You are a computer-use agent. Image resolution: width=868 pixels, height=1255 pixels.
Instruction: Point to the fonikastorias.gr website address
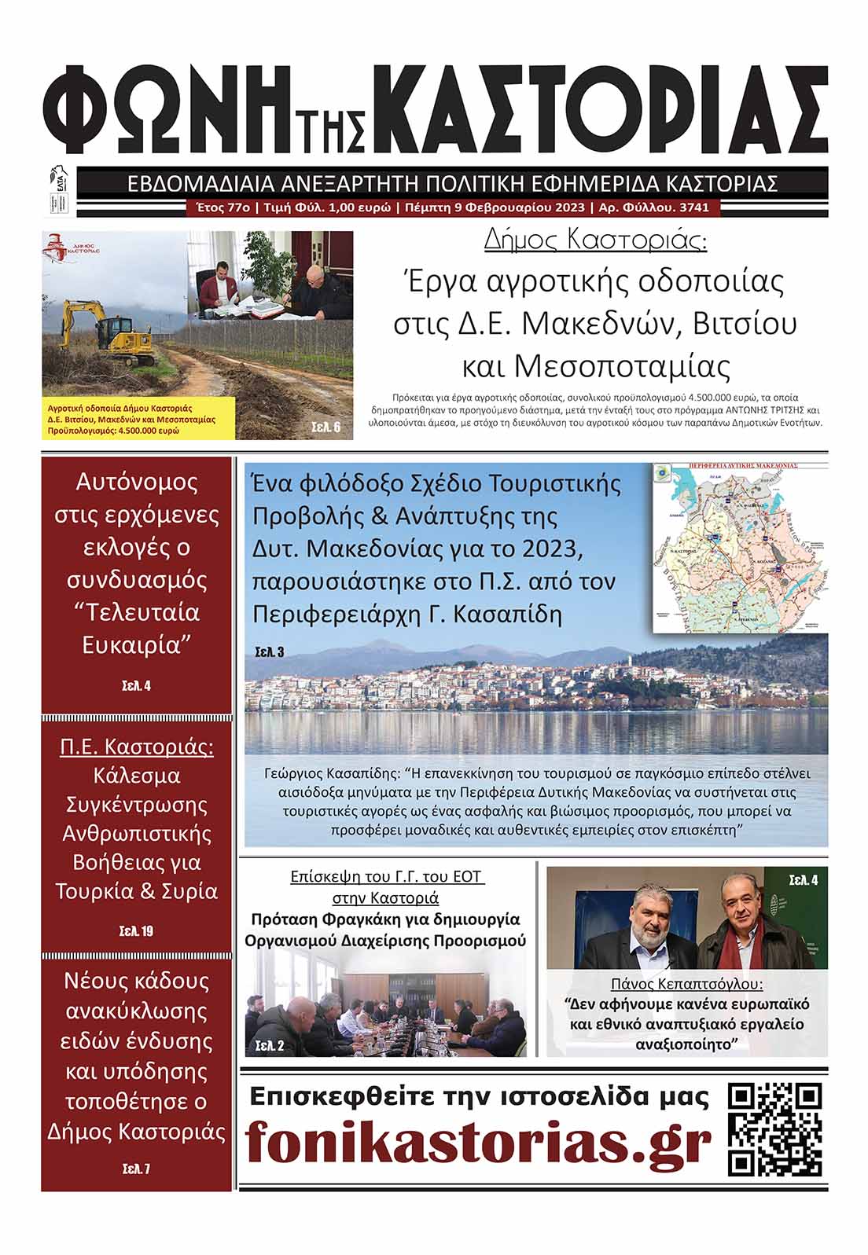[x=478, y=1143]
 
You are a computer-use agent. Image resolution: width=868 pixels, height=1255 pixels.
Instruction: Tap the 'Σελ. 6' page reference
[x=325, y=428]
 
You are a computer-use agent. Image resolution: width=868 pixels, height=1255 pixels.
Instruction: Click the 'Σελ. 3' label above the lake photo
[x=270, y=651]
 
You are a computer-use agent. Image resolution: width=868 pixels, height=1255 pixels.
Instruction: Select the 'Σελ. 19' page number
[x=136, y=931]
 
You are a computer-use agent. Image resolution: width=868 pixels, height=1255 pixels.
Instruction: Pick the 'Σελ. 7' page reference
[x=136, y=1169]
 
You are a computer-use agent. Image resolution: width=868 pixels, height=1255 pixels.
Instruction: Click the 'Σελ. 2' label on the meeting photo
[x=270, y=1045]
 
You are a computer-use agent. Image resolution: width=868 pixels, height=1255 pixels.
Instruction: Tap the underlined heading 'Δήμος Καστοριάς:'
[x=595, y=240]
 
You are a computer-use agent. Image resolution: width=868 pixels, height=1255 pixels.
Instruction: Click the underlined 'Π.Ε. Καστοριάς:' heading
[x=137, y=746]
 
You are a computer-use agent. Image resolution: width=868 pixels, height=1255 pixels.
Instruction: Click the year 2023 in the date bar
[x=568, y=207]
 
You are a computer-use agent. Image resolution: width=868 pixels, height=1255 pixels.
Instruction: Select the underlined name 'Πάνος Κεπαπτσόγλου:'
[x=686, y=984]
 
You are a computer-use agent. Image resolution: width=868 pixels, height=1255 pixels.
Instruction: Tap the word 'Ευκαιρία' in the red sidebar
[x=137, y=645]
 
